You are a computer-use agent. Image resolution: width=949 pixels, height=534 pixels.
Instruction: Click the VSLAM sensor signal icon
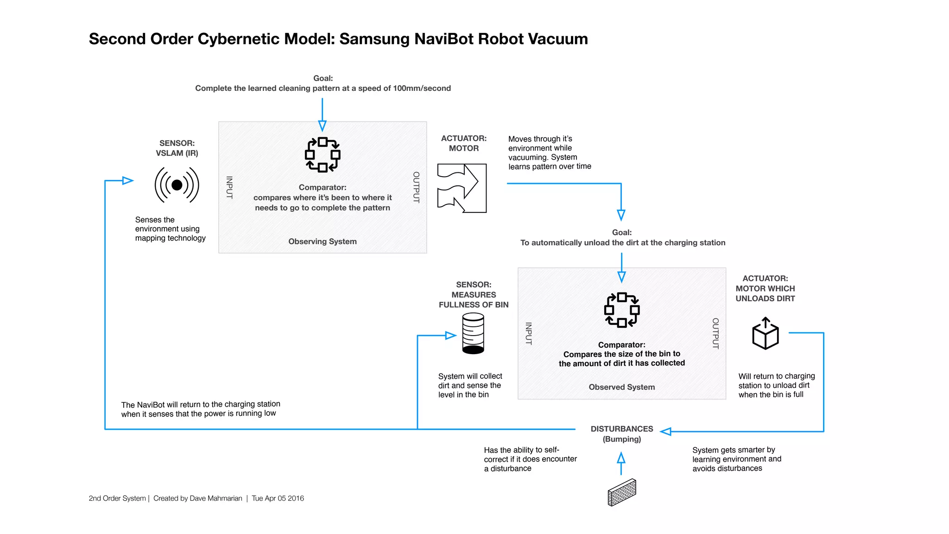[177, 185]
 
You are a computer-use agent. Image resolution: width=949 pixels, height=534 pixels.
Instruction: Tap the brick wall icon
[621, 492]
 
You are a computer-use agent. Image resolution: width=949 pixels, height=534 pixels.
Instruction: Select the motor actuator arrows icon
[462, 188]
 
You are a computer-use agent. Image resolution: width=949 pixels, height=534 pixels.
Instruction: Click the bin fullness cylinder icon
[473, 333]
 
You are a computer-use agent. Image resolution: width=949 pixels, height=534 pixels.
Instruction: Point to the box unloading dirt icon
[765, 334]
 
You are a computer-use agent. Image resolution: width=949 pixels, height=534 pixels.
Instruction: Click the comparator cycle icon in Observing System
[323, 154]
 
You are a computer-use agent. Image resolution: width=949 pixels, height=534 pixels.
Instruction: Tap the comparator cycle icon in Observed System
[622, 310]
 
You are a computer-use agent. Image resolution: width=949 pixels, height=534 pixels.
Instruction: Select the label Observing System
[323, 242]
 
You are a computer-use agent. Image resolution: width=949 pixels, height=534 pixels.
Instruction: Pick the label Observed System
[622, 387]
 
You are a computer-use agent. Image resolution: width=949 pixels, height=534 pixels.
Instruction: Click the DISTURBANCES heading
[622, 429]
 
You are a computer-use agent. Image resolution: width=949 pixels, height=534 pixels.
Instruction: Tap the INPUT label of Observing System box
[229, 187]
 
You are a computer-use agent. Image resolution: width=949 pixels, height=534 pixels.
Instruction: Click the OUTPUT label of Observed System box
[715, 333]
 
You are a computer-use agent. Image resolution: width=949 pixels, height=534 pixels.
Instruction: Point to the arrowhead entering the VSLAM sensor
[128, 180]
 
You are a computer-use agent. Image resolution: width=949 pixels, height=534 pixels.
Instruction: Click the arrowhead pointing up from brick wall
[621, 458]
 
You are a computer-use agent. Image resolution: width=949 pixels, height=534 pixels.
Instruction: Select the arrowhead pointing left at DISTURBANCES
[666, 432]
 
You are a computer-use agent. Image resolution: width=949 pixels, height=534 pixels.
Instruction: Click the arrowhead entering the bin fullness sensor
[450, 335]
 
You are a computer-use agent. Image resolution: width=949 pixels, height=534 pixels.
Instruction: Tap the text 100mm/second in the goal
[422, 88]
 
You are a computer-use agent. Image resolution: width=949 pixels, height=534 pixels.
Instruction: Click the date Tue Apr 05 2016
[278, 498]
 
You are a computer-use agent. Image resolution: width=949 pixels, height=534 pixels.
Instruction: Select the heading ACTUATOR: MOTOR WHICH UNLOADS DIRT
[765, 288]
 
